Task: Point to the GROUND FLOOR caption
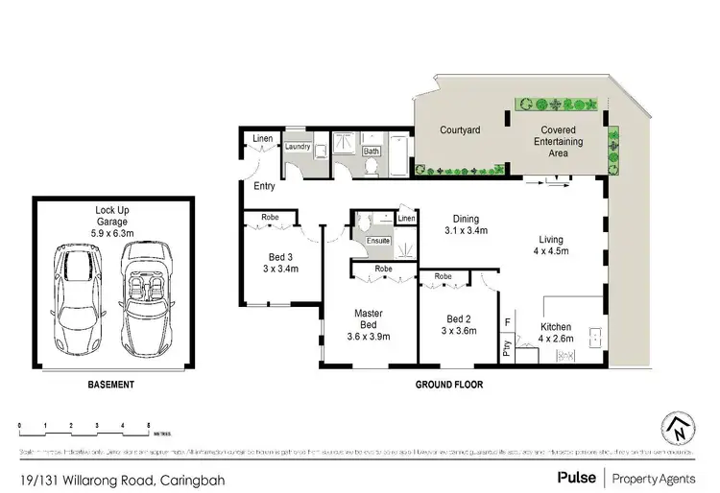(449, 386)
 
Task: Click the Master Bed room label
(369, 318)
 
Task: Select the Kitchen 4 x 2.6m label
(555, 331)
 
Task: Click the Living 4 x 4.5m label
(551, 246)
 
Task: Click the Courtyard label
(460, 129)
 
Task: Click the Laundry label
(298, 147)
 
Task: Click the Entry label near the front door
(265, 186)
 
